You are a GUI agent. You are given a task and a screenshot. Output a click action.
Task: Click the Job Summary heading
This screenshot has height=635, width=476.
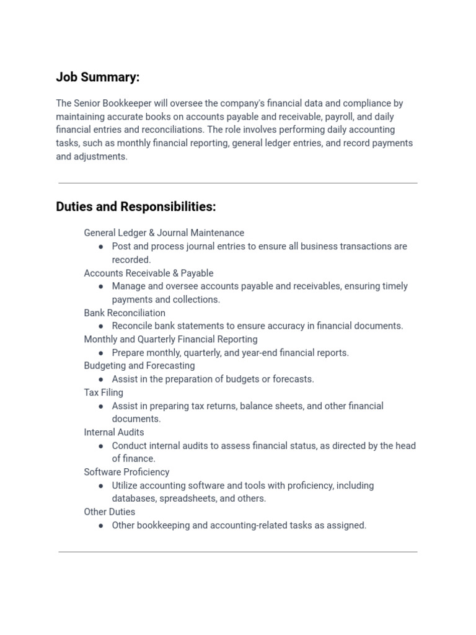point(98,77)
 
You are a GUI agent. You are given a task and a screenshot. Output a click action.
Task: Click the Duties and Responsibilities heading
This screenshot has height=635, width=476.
point(136,206)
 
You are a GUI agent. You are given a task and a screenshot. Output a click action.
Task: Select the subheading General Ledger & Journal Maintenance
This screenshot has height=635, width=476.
point(164,233)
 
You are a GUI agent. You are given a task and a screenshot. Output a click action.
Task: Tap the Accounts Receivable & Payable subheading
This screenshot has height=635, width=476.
point(149,273)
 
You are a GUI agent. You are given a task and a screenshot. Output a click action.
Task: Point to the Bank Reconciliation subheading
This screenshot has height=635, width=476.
point(125,313)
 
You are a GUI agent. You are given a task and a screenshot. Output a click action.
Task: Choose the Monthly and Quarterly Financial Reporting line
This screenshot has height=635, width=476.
point(170,339)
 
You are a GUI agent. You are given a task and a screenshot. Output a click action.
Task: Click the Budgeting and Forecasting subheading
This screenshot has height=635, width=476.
point(139,366)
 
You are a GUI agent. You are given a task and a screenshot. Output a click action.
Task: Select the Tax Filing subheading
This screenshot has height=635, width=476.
point(104,393)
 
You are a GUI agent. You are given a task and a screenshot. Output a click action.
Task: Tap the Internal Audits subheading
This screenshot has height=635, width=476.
point(114,432)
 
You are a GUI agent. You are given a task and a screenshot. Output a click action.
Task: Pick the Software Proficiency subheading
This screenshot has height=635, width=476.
point(126,472)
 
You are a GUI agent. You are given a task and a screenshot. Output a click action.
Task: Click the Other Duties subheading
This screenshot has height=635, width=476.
point(110,512)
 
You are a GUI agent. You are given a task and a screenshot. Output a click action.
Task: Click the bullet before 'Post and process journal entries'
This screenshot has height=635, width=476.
point(101,247)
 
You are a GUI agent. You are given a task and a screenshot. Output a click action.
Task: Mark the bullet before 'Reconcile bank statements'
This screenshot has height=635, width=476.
point(101,326)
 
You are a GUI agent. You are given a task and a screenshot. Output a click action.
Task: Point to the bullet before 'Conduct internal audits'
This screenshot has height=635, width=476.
point(101,446)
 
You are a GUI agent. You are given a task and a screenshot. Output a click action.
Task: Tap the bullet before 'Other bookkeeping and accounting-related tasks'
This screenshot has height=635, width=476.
point(101,526)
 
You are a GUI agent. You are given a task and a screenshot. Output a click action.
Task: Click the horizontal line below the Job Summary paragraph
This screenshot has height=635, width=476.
point(238,183)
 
